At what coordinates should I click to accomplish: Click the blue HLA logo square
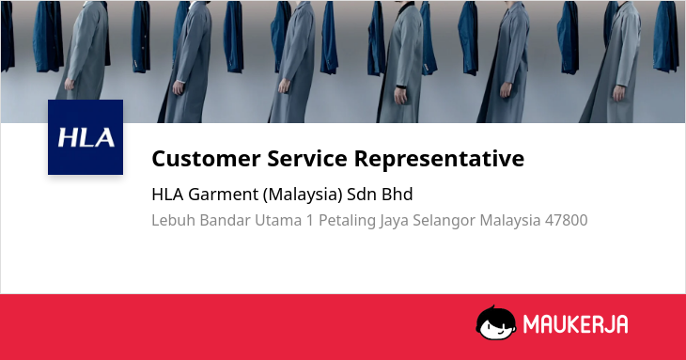pyautogui.click(x=86, y=137)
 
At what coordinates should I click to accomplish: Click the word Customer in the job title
pyautogui.click(x=206, y=158)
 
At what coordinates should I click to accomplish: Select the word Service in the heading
pyautogui.click(x=307, y=158)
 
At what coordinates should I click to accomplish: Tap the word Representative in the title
pyautogui.click(x=439, y=159)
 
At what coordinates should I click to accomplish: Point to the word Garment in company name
pyautogui.click(x=223, y=195)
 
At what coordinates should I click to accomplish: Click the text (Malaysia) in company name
pyautogui.click(x=303, y=195)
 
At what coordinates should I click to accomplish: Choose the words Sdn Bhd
pyautogui.click(x=380, y=194)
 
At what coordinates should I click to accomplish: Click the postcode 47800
pyautogui.click(x=566, y=220)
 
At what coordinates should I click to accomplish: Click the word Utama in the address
pyautogui.click(x=278, y=220)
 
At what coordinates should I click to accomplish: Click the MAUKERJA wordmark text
pyautogui.click(x=576, y=324)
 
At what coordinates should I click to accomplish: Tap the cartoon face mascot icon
pyautogui.click(x=495, y=322)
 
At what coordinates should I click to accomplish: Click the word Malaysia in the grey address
pyautogui.click(x=510, y=221)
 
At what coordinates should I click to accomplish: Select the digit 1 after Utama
pyautogui.click(x=310, y=220)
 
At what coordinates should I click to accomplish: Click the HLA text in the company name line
pyautogui.click(x=167, y=195)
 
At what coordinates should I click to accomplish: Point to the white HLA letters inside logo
pyautogui.click(x=86, y=137)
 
